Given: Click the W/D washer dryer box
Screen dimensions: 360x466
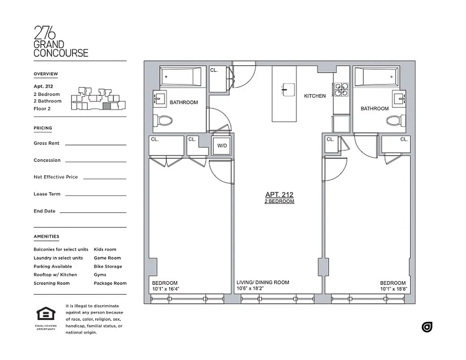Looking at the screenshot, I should (222, 146).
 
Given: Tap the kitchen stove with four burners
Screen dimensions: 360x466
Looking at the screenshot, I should (341, 89).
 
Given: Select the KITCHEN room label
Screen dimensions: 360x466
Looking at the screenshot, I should (315, 96).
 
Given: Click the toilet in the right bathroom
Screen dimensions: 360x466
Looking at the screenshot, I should (395, 121).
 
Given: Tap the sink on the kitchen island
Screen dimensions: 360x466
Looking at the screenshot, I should (285, 89).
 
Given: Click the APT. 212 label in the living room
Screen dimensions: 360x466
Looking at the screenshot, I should (279, 195).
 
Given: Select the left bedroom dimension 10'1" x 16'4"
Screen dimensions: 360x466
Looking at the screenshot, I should (166, 289).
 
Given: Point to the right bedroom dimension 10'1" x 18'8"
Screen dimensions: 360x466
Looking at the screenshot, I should (393, 289).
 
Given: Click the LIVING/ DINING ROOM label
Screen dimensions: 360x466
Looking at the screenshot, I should (263, 282).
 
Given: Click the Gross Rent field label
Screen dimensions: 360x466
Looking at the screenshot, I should (47, 143).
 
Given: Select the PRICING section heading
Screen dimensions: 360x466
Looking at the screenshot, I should (43, 128).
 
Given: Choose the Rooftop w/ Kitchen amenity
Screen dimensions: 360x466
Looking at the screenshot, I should (55, 274).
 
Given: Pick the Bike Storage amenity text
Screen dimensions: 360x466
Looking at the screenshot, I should (108, 266).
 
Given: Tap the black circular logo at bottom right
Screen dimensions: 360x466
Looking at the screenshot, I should (427, 327).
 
